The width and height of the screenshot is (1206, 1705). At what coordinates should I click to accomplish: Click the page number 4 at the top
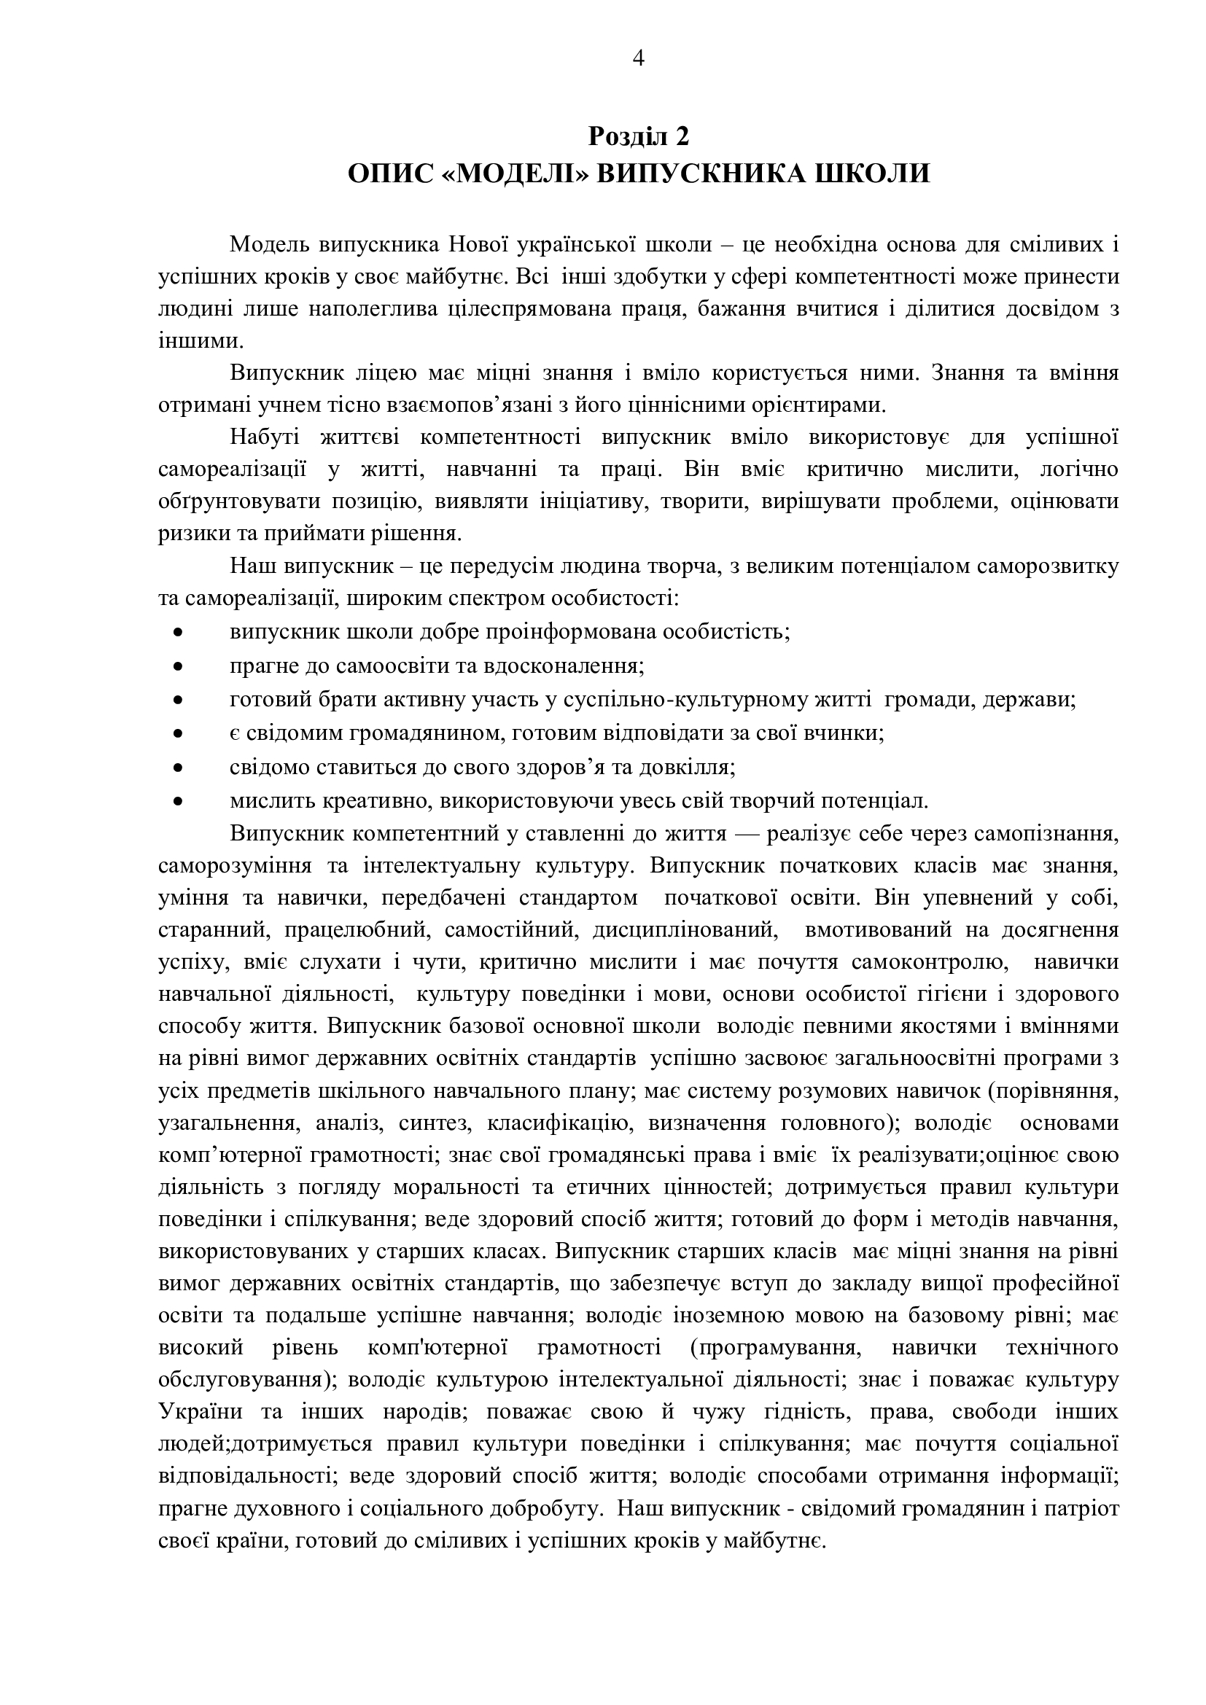(638, 58)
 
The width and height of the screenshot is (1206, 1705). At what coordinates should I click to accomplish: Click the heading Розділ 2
(639, 136)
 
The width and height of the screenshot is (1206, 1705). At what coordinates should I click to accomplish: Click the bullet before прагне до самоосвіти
(177, 667)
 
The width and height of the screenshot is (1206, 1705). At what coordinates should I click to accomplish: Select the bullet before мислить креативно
(177, 802)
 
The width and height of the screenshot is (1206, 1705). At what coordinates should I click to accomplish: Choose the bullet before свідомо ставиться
(177, 768)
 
